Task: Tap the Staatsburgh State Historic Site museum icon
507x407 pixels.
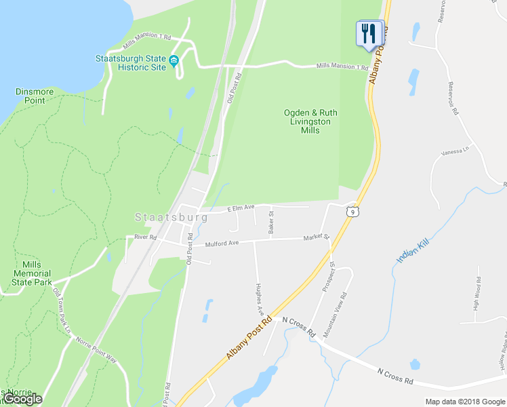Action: click(x=174, y=62)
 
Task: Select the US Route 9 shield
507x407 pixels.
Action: click(x=351, y=212)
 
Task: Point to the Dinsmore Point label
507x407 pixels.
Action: click(x=31, y=96)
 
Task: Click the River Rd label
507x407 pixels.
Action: click(x=145, y=237)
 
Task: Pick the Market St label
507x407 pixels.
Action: click(x=316, y=237)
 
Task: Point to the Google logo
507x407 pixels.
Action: click(x=22, y=400)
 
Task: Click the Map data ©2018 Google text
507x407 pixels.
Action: click(x=464, y=402)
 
